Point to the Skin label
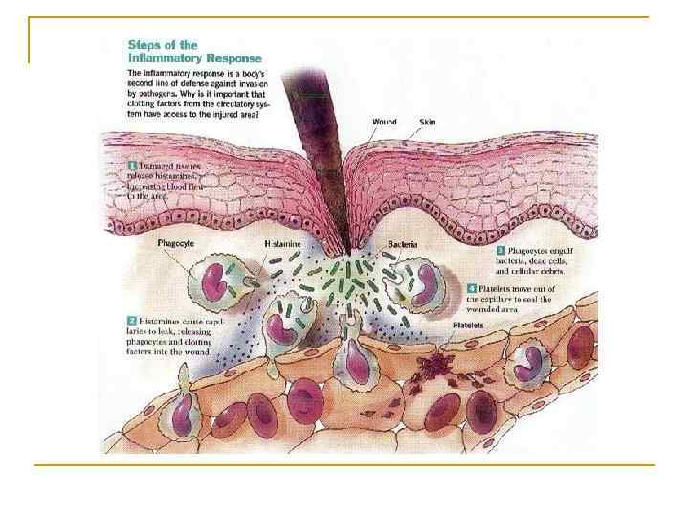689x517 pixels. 429,122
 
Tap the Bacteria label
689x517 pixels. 403,245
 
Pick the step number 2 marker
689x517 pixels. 131,319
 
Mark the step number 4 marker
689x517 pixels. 472,287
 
